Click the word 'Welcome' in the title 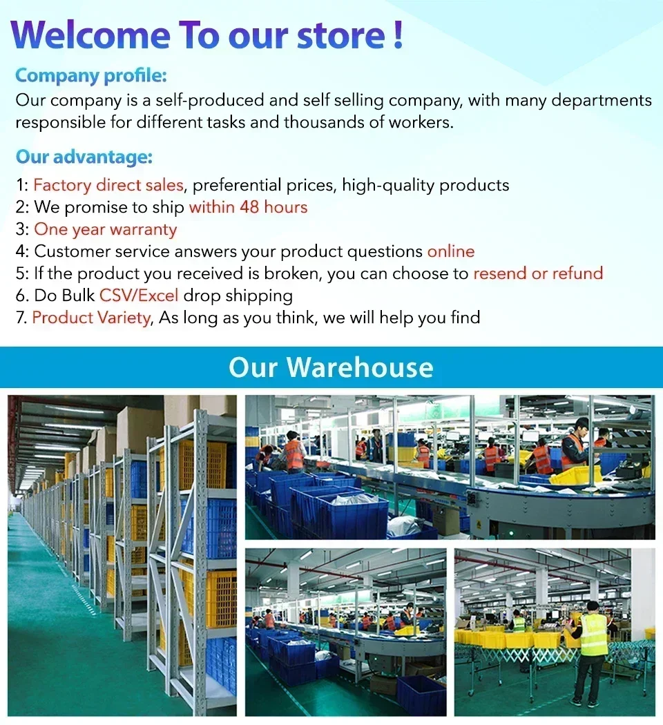90,35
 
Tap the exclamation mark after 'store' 398,35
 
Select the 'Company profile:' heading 90,76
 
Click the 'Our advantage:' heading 84,157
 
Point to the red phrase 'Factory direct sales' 108,186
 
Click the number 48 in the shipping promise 249,207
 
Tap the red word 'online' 451,251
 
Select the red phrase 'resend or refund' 538,273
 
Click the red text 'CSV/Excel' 139,296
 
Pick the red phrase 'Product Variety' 92,318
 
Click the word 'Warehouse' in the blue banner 360,367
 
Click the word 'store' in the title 340,36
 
